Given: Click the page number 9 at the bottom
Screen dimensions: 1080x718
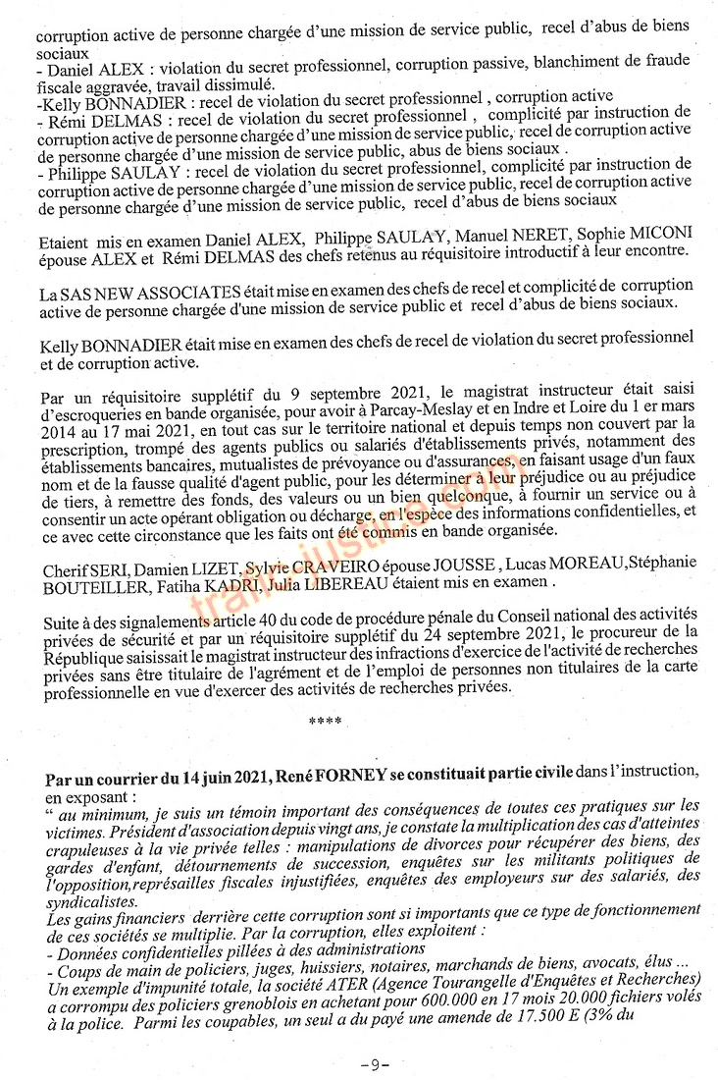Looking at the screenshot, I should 375,1063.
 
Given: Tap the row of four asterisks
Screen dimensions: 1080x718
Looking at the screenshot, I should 325,722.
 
